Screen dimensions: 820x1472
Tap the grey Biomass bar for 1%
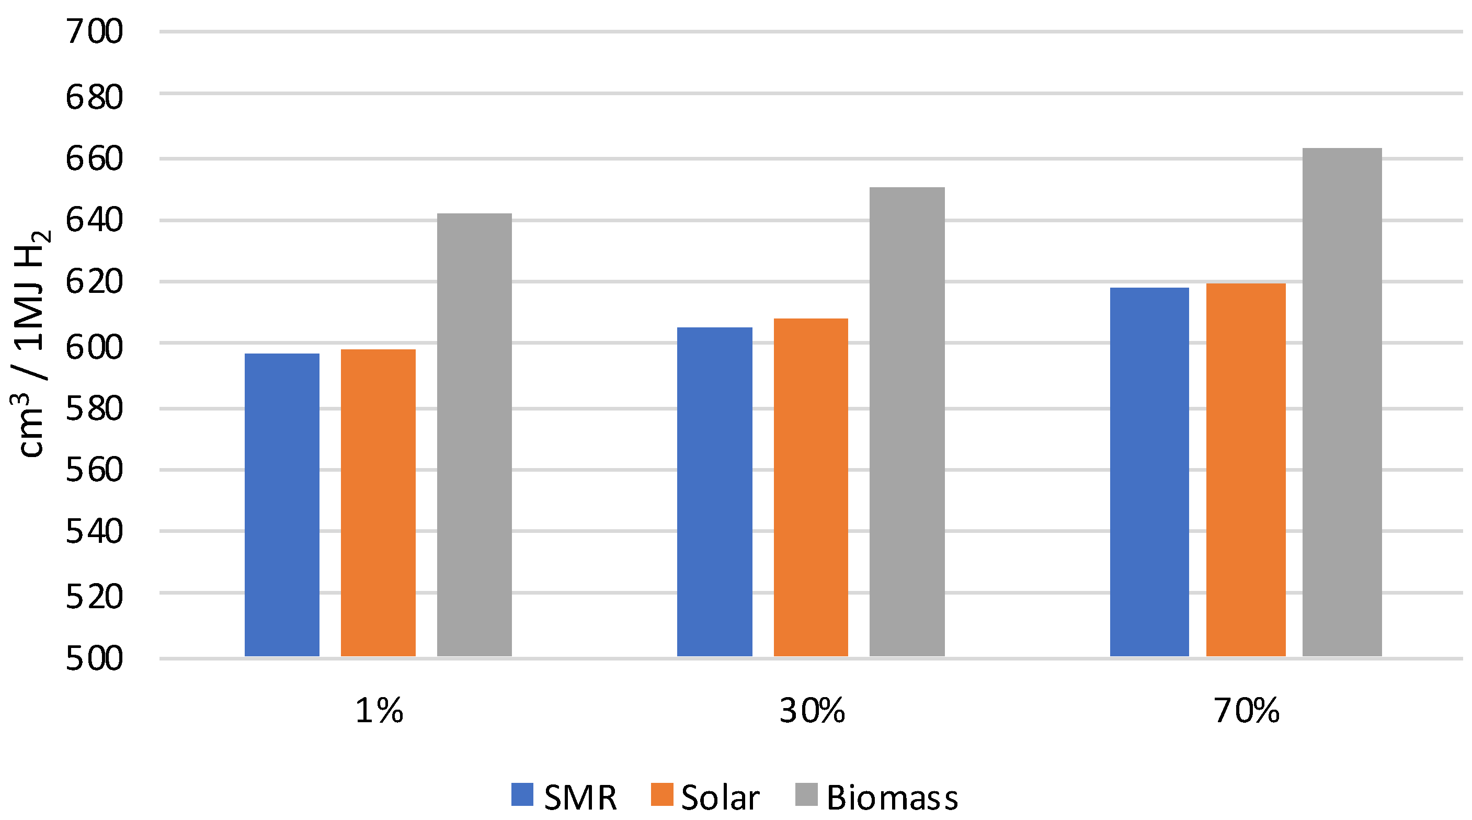474,434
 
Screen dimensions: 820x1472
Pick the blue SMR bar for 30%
714,492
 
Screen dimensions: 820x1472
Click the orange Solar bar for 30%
811,487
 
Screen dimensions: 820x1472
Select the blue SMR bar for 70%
1149,471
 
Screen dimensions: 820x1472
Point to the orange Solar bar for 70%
1246,469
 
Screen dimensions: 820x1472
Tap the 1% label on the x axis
379,711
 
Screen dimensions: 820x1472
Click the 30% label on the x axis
812,711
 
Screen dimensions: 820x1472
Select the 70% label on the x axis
1246,711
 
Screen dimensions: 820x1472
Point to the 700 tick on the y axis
94,31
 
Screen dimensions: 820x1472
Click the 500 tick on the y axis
94,658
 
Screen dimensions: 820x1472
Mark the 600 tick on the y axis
94,347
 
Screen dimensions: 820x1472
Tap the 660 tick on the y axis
94,159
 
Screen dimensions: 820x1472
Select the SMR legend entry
564,797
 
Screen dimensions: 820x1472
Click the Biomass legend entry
876,797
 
